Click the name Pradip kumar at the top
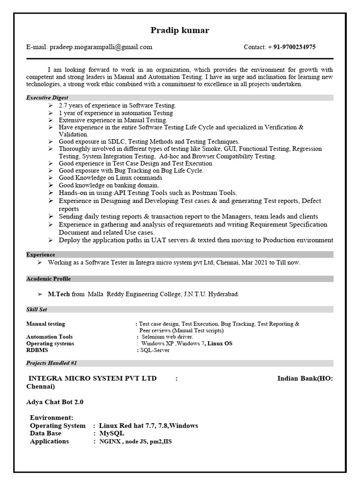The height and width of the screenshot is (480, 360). point(180,30)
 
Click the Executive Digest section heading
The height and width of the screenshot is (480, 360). point(47,97)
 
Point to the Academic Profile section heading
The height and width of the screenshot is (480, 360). point(48,278)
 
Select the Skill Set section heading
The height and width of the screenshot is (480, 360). point(37,309)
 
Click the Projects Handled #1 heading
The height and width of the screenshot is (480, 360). point(52,363)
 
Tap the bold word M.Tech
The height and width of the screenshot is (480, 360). point(59,294)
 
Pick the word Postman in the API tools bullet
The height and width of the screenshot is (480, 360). point(193,193)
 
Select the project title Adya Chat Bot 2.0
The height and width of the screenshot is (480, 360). point(55,402)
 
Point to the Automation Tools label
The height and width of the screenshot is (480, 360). point(49,337)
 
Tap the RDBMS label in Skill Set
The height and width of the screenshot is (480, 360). point(37,350)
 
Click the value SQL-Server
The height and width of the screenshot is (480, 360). point(155,350)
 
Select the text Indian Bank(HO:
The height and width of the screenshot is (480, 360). point(305,378)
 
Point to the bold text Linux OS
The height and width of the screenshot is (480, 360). point(220,343)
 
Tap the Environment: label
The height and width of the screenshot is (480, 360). point(52,417)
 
